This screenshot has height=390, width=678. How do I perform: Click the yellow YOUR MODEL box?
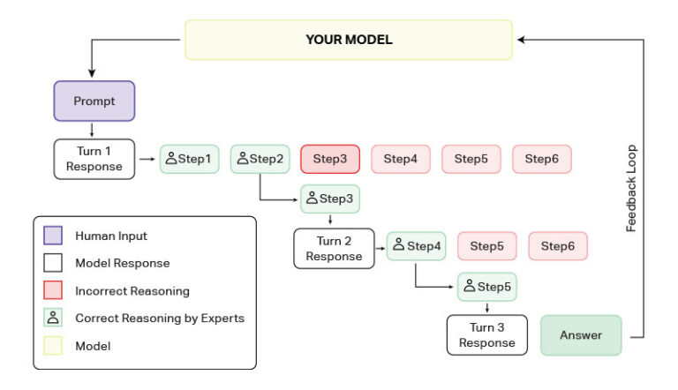tap(348, 40)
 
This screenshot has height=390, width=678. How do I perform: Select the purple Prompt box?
tap(94, 101)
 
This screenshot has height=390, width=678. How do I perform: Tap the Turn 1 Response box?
tap(94, 159)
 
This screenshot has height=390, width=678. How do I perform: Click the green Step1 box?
tap(189, 159)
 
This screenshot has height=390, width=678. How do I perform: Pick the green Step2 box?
tap(260, 159)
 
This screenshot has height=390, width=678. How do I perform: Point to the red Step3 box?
tap(330, 159)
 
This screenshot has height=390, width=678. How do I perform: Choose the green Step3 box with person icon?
tap(330, 199)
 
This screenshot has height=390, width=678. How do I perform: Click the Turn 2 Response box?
tap(334, 248)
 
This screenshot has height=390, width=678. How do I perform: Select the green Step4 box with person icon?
tap(417, 246)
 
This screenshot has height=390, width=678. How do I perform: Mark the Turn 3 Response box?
tap(486, 335)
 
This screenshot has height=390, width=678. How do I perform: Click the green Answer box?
tap(581, 335)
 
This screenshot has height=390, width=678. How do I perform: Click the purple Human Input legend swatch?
tap(54, 236)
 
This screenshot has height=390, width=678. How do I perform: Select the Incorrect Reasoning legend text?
tap(132, 290)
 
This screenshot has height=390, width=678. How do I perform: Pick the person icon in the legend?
tap(54, 318)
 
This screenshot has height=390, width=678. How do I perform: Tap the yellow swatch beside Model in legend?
tap(54, 346)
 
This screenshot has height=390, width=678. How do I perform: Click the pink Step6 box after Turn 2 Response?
tap(558, 246)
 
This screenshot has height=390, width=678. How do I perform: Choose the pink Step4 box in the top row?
tap(400, 159)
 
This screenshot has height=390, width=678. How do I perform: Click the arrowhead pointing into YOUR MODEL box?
tap(522, 40)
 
